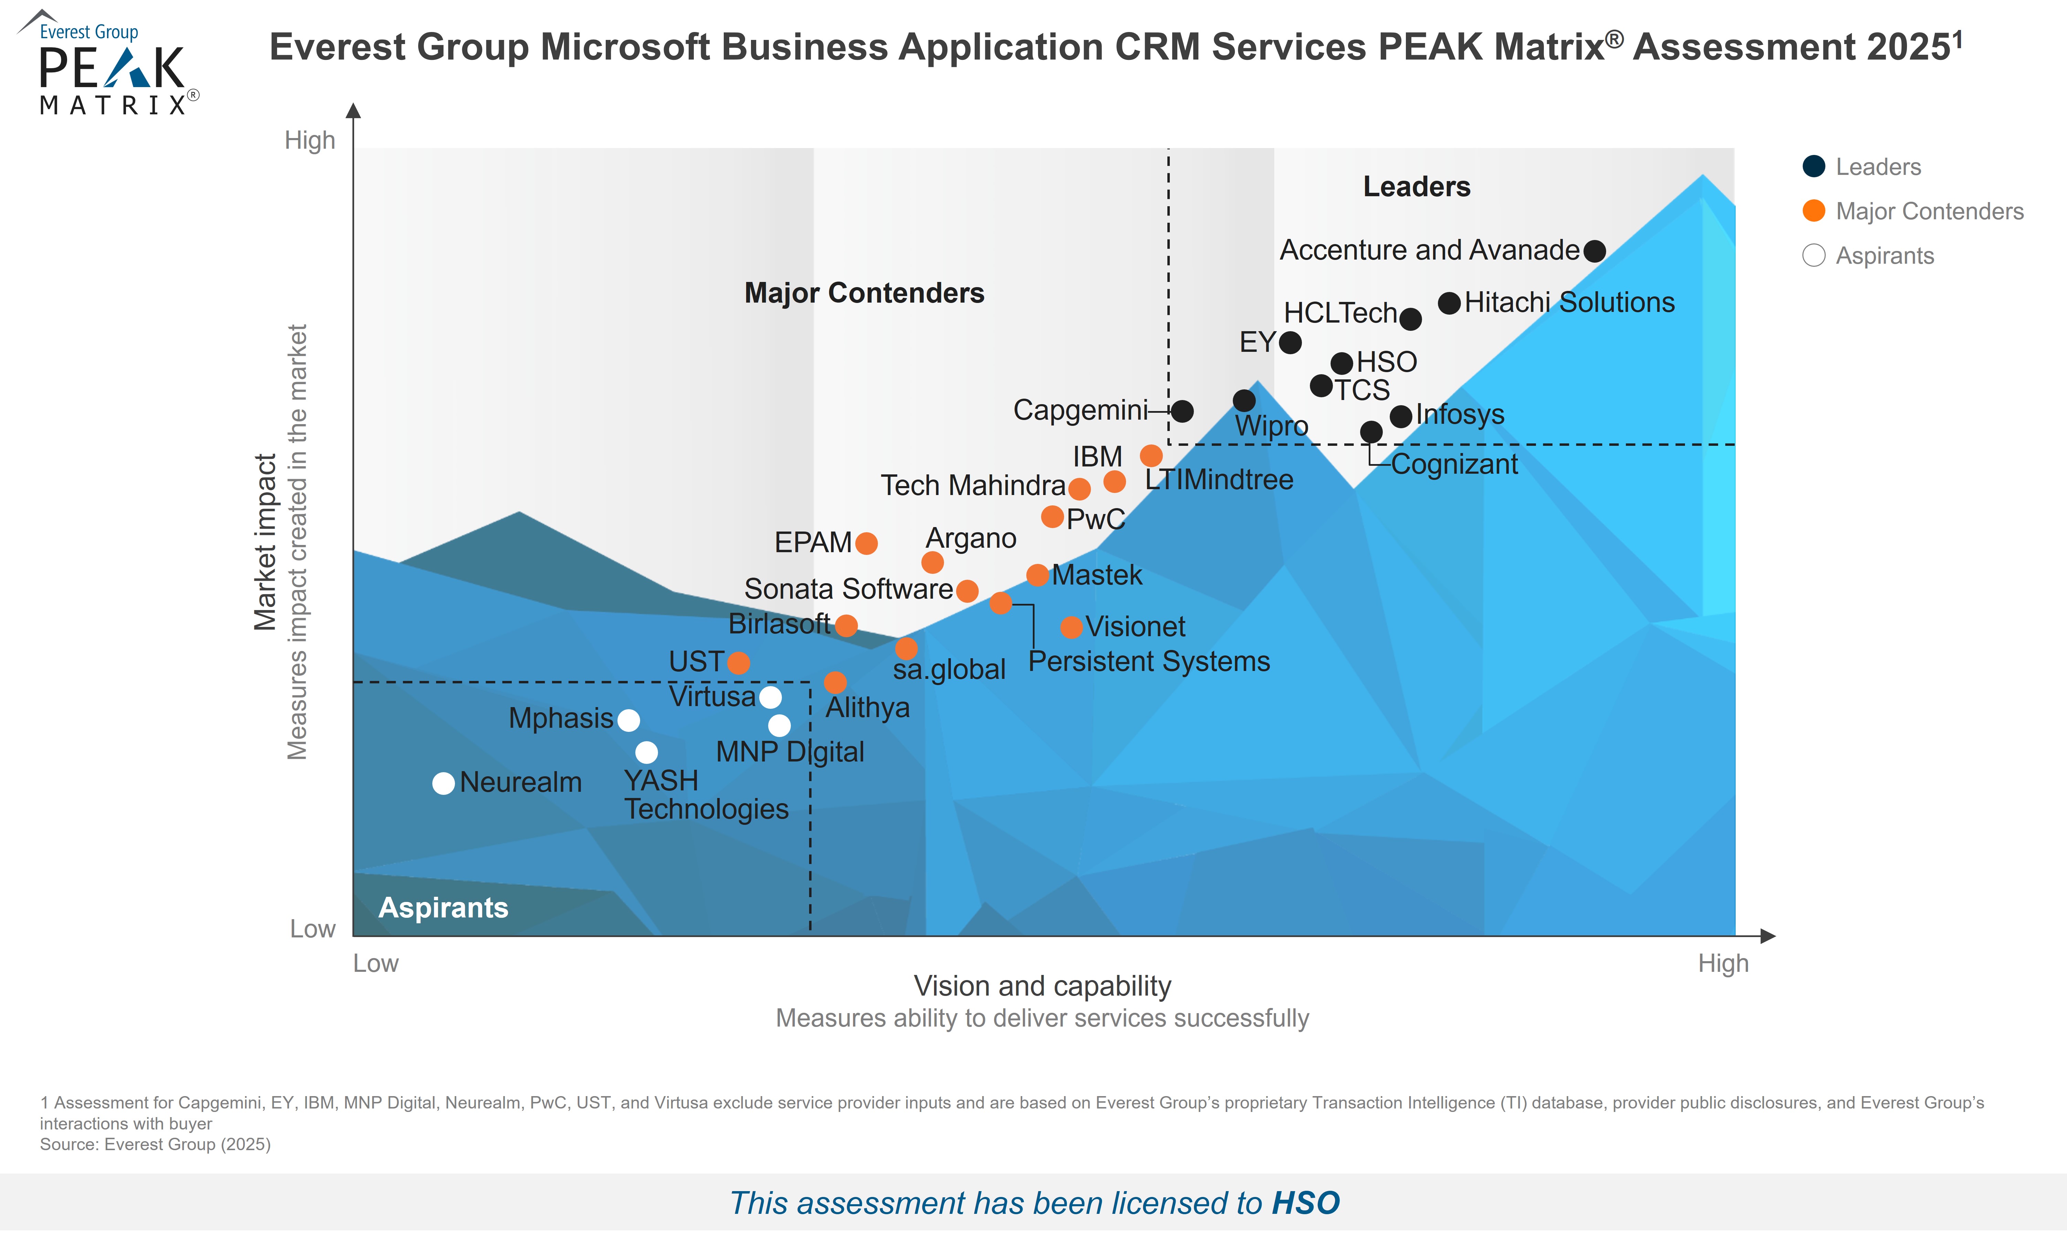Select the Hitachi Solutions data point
(x=1449, y=303)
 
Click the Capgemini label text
(x=1080, y=410)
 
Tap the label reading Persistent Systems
(x=1148, y=662)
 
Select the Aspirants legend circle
(x=1813, y=256)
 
